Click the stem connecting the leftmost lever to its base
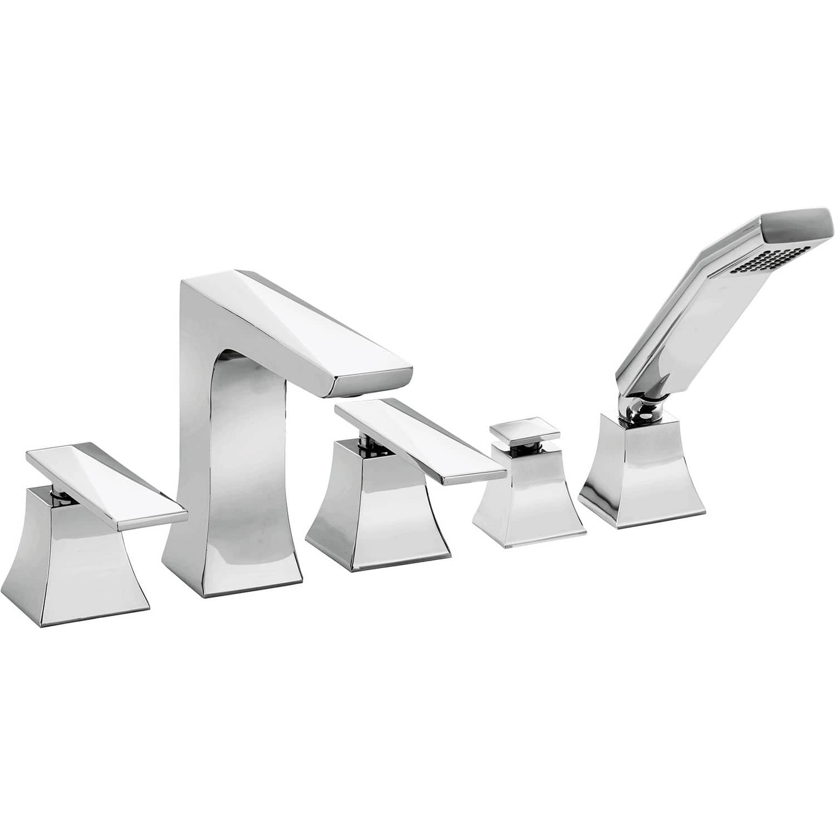pyautogui.click(x=57, y=490)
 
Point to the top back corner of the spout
pyautogui.click(x=192, y=284)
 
